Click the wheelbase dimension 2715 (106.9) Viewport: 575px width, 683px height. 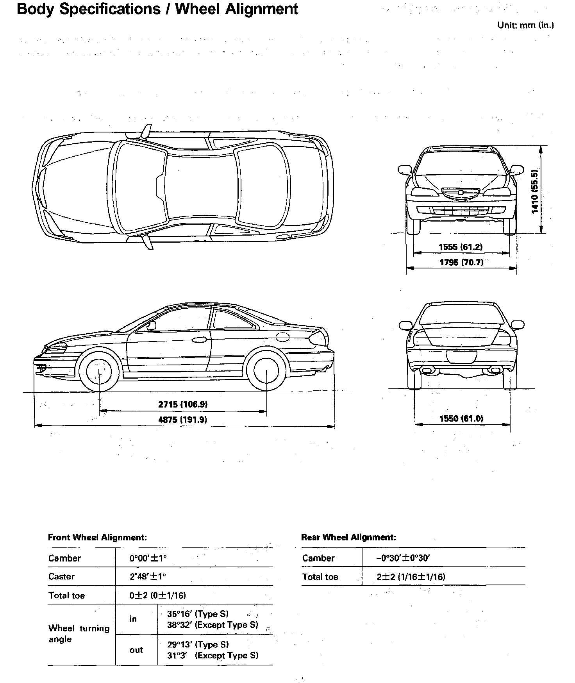click(x=182, y=404)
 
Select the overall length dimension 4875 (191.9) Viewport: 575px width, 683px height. click(x=182, y=420)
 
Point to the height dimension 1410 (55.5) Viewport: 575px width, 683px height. click(x=535, y=191)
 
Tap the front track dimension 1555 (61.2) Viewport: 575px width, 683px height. click(x=461, y=247)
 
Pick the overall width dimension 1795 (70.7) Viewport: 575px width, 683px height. click(x=461, y=262)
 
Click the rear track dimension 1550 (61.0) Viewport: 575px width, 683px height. click(x=461, y=418)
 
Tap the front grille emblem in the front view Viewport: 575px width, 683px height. click(x=461, y=192)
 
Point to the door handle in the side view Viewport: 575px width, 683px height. click(x=200, y=340)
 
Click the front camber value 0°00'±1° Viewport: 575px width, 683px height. click(x=148, y=558)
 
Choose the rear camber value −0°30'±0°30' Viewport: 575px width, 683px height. click(x=403, y=558)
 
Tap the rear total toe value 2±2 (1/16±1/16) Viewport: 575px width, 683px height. click(x=411, y=577)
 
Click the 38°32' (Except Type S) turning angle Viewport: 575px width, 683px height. click(x=213, y=625)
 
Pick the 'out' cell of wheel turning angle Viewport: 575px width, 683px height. click(x=136, y=650)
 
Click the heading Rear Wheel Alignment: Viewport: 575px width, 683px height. click(x=348, y=537)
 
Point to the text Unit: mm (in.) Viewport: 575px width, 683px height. click(x=525, y=25)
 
